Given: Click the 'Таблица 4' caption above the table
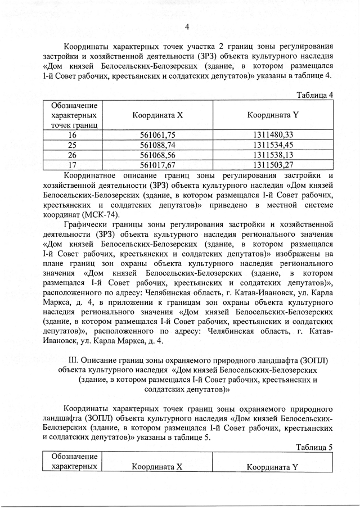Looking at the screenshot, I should [315, 94].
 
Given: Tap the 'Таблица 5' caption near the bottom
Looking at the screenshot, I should [315, 447].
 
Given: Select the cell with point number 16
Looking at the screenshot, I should [72, 134].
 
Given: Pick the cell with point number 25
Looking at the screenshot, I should [72, 145].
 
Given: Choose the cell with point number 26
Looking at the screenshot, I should [72, 155].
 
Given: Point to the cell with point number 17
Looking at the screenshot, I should [72, 165].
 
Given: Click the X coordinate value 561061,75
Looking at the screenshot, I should [157, 134].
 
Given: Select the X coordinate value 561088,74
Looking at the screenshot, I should [157, 145].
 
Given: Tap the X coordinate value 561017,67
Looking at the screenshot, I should [157, 165].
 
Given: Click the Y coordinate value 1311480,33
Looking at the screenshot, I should [273, 134].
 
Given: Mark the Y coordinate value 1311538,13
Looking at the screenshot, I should [273, 155].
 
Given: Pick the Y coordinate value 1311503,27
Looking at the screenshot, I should [273, 165].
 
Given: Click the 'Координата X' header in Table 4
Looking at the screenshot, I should [157, 115].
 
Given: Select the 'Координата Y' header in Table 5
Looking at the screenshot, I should [272, 467].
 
